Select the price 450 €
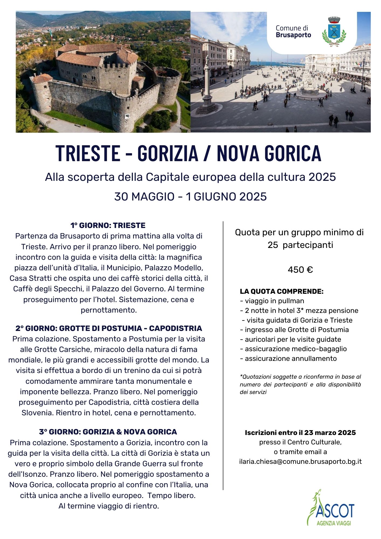300,270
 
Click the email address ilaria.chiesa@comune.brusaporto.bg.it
300,461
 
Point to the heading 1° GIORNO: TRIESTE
108,225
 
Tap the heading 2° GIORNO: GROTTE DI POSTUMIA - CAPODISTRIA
109,328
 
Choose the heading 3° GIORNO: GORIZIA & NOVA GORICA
108,432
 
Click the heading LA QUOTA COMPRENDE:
282,291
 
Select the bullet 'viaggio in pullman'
274,301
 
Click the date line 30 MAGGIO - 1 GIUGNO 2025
190,196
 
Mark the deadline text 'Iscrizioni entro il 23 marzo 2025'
300,433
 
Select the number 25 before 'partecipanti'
272,245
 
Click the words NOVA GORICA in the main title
269,153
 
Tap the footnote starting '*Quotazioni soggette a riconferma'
300,384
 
